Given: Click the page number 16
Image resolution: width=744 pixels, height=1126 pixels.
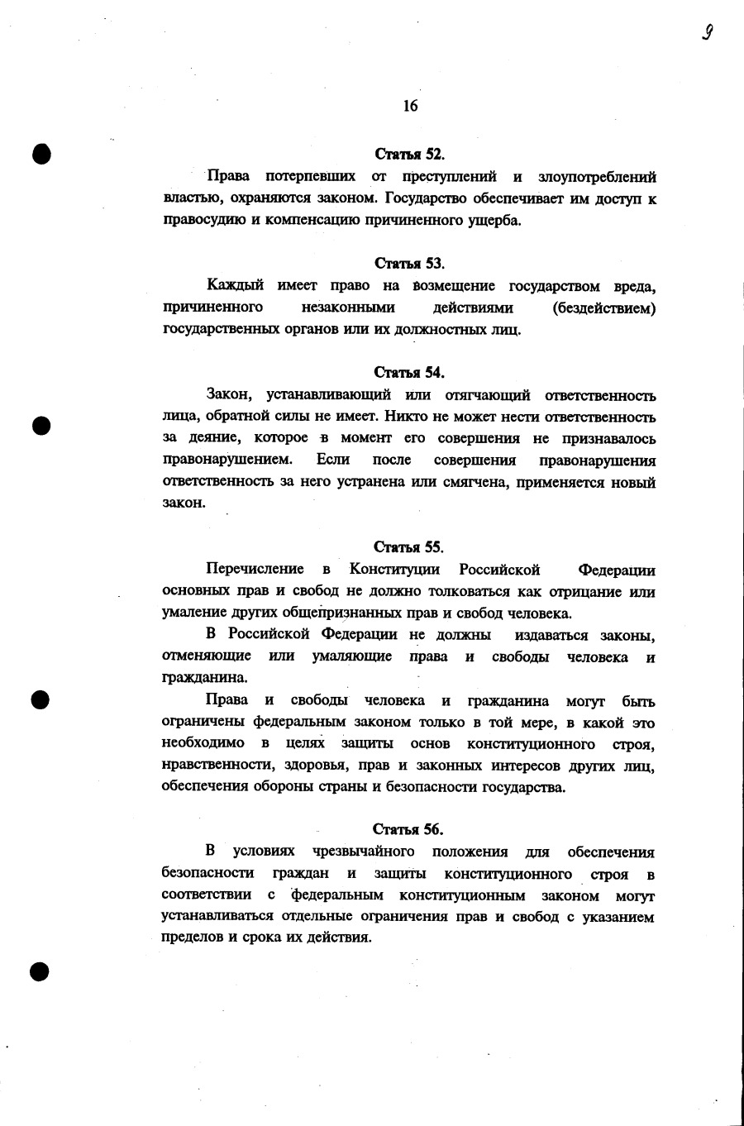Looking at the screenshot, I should (x=410, y=106).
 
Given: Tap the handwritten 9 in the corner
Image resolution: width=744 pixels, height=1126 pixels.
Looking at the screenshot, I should (x=708, y=32).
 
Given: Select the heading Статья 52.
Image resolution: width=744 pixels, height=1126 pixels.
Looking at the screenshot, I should (x=410, y=154).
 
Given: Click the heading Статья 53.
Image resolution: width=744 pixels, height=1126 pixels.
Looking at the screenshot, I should (x=410, y=264).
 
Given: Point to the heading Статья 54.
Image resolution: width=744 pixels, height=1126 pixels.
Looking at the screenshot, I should (x=409, y=372).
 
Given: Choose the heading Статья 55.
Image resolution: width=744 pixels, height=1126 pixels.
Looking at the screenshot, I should (x=409, y=547).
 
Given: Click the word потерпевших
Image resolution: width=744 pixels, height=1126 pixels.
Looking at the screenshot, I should (x=310, y=176).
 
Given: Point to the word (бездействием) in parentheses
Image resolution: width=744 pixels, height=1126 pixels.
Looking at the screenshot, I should (x=604, y=308).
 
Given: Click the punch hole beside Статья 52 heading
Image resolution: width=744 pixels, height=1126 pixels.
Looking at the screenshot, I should (x=41, y=155).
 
